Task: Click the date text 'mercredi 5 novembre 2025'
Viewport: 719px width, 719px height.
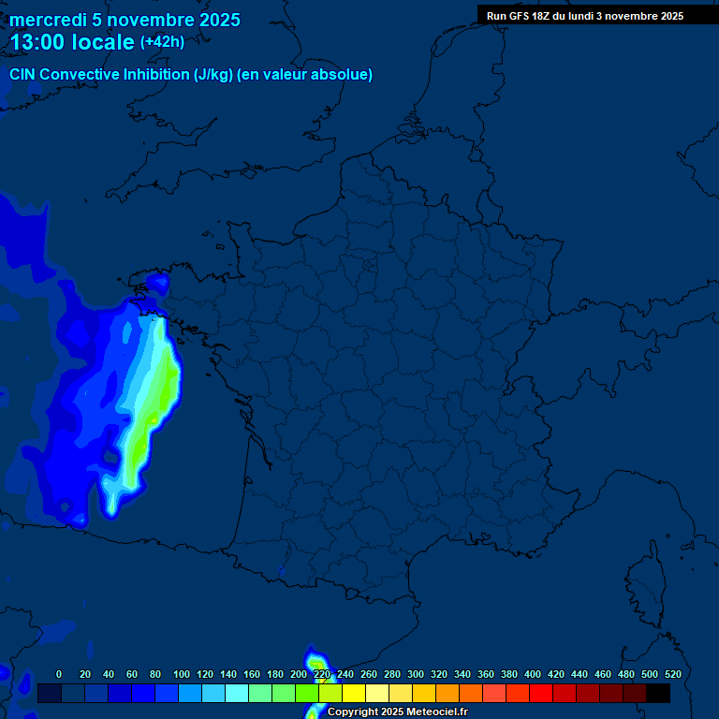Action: tap(125, 20)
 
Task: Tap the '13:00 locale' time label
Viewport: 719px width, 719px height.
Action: tap(72, 42)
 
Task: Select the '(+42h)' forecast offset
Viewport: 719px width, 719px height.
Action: tap(162, 42)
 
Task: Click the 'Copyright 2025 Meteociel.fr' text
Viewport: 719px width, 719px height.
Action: tap(398, 712)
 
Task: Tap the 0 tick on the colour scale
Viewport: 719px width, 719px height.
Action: tap(59, 674)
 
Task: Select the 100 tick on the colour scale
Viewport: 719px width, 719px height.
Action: tap(182, 674)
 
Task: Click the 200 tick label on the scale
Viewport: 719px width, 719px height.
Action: tap(299, 674)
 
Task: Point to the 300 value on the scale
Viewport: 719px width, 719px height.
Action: tap(416, 674)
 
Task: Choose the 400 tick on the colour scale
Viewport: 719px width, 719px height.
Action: tap(533, 674)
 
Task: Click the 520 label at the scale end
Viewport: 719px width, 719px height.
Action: tap(672, 674)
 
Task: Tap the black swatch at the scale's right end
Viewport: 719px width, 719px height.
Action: tap(658, 694)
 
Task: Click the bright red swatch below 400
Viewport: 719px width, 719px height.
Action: tap(541, 694)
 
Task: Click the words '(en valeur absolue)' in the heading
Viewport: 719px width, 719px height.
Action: tap(305, 75)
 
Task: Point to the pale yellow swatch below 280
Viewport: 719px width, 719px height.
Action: tap(377, 694)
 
